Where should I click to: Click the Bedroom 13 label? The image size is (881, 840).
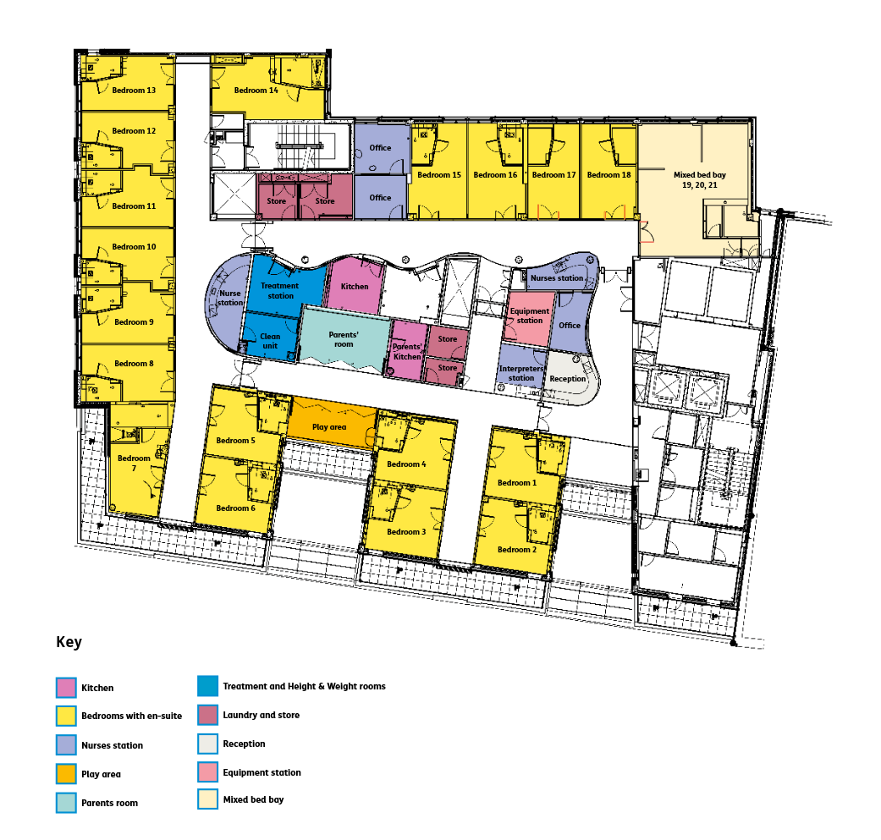pos(134,91)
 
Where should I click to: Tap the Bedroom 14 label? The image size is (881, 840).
pos(256,91)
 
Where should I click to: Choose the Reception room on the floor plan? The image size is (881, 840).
pos(568,378)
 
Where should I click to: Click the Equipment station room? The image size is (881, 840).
pos(530,316)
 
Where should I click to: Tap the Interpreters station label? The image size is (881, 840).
pos(522,373)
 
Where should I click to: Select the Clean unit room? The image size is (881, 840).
pos(270,341)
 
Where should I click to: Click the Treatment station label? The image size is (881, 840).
pos(280,291)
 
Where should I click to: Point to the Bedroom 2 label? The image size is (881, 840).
pos(516,550)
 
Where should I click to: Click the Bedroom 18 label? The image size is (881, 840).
pos(609,175)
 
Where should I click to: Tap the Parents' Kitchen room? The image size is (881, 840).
pos(407,351)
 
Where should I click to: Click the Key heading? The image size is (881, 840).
pos(69,642)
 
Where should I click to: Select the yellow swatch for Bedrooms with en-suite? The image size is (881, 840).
pos(66,716)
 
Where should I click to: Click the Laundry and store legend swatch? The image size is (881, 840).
pos(207,715)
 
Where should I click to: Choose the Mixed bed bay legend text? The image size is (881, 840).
pos(253,799)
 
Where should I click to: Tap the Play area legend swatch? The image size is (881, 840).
pos(66,773)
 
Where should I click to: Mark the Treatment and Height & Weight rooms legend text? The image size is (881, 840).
pos(304,686)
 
